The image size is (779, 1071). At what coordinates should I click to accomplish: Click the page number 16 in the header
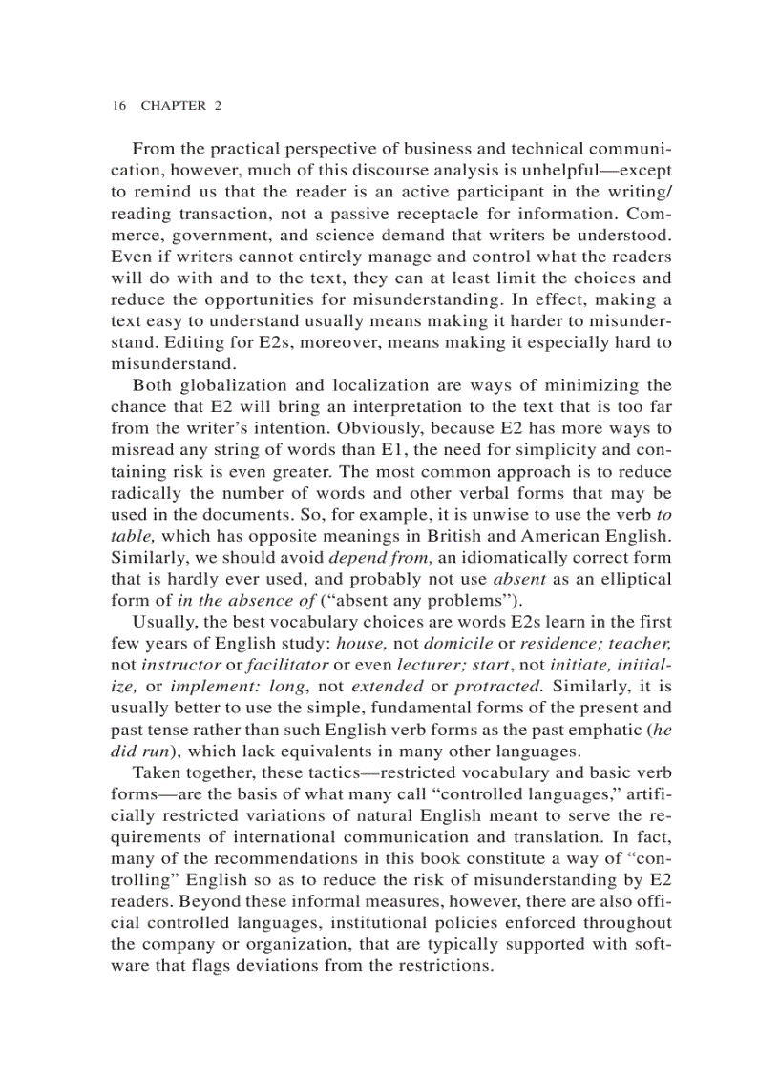pyautogui.click(x=118, y=106)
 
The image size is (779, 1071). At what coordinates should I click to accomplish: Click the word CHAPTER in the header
pyautogui.click(x=173, y=106)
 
